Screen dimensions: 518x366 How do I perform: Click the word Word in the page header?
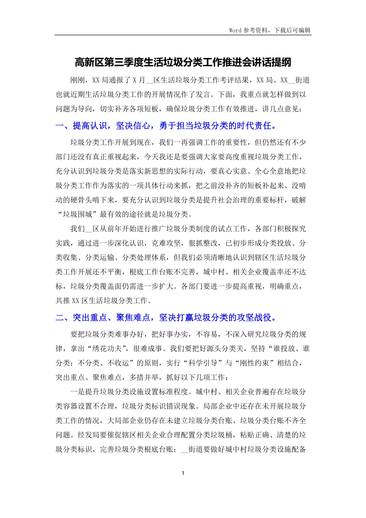tap(236, 30)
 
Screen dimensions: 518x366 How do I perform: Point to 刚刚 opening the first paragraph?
tap(77, 80)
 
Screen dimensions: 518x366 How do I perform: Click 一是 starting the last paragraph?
tap(77, 392)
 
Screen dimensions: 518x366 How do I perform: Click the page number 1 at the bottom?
tap(183, 473)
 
